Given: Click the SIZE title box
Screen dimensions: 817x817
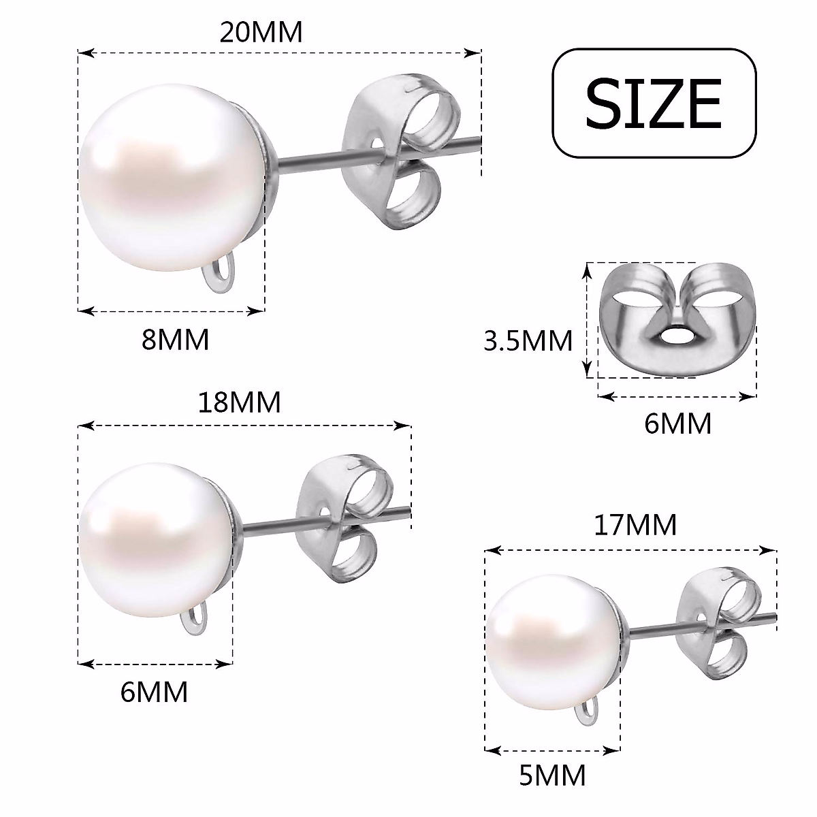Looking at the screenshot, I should (654, 102).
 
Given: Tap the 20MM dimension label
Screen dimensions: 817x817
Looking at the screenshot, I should (261, 32).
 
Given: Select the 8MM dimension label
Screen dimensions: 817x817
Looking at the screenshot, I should (175, 338).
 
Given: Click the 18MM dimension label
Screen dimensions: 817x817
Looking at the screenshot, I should (239, 402).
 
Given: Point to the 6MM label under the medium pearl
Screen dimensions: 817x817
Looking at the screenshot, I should (154, 692).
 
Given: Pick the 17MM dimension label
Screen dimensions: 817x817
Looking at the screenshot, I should (635, 525).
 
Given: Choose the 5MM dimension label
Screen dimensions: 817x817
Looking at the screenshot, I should (551, 775).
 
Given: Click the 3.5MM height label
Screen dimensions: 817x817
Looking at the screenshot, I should (528, 340).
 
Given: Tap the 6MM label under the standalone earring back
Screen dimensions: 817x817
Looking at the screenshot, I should (677, 423).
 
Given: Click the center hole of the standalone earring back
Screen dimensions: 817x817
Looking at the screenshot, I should (676, 335).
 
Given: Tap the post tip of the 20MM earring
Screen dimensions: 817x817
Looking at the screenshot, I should (477, 141).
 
